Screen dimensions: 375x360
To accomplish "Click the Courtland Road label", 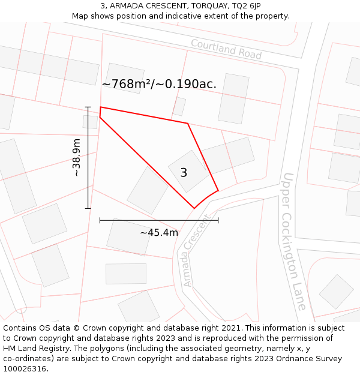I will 226,49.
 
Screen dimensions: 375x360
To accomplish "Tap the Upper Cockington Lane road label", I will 295,241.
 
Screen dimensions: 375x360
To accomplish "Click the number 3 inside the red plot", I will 184,173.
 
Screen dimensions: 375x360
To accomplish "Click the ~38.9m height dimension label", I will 77,158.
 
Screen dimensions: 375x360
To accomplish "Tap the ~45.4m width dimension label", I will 159,233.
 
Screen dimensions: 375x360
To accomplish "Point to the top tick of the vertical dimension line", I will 88,107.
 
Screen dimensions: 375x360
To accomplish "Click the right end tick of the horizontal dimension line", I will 218,220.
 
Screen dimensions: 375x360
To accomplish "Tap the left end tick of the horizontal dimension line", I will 100,220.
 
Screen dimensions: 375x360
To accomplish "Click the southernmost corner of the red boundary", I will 194,208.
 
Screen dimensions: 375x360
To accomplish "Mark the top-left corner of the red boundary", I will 100,107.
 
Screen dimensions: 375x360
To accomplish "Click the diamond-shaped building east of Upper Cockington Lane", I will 336,292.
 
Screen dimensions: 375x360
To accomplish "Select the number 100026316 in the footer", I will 25,369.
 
